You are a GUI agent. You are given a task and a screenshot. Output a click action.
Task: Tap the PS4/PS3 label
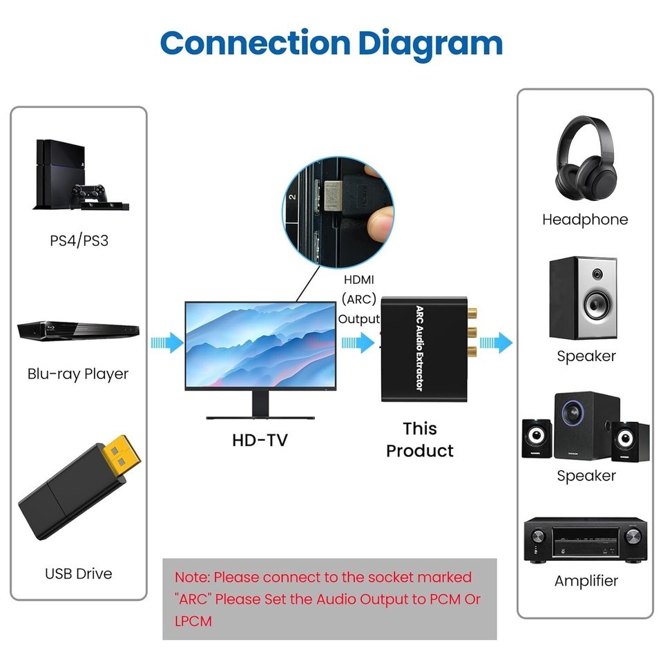pyautogui.click(x=79, y=241)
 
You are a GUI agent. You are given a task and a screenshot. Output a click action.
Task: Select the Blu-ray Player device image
pyautogui.click(x=78, y=331)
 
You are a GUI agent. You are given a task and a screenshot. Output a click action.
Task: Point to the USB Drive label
pyautogui.click(x=78, y=573)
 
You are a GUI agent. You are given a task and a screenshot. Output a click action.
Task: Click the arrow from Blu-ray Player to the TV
pyautogui.click(x=166, y=341)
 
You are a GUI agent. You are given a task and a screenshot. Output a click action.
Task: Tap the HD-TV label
pyautogui.click(x=260, y=439)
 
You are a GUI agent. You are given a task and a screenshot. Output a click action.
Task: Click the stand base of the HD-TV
pyautogui.click(x=260, y=416)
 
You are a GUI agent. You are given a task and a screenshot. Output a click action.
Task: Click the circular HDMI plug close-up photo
pyautogui.click(x=339, y=211)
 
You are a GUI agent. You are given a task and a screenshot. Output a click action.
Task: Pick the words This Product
pyautogui.click(x=420, y=440)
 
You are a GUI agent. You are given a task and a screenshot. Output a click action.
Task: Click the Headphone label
pyautogui.click(x=585, y=220)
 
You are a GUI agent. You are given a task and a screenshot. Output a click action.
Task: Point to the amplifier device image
pyautogui.click(x=585, y=539)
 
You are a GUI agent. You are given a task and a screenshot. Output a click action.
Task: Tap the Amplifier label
pyautogui.click(x=586, y=581)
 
